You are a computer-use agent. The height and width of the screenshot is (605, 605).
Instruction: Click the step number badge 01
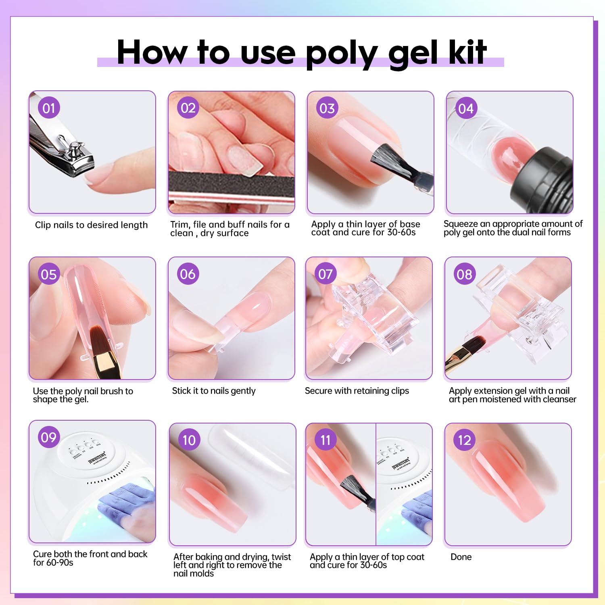[49, 108]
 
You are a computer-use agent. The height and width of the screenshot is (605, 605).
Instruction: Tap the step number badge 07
[325, 274]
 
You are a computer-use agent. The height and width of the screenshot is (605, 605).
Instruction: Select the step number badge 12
[464, 440]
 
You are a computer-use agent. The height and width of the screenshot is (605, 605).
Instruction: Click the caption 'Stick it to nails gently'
[214, 391]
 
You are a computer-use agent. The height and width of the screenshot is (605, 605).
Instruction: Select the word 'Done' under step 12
[461, 557]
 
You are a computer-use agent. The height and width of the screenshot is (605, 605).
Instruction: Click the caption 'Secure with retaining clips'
[357, 391]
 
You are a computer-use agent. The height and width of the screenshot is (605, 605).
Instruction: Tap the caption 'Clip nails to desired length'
[91, 225]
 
